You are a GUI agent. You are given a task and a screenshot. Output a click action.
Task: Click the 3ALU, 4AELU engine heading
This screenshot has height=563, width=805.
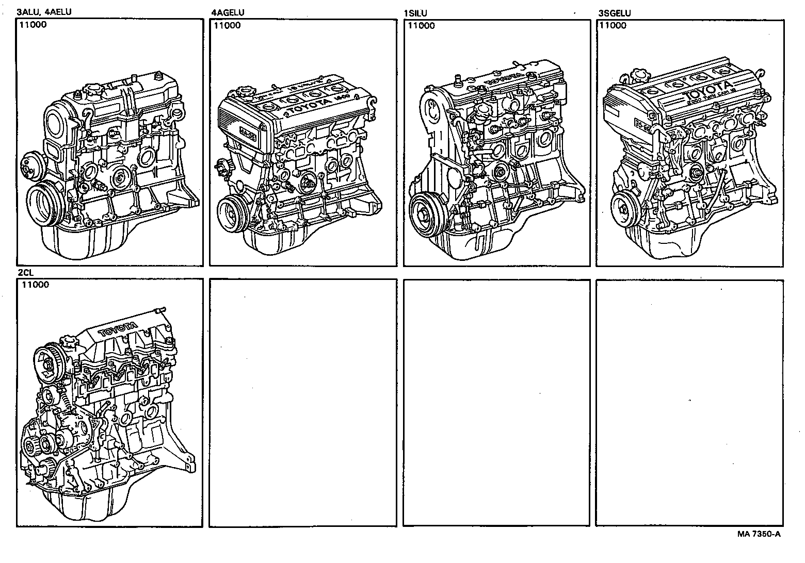[43, 12]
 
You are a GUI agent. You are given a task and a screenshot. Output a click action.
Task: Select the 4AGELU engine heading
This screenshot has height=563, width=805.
[228, 12]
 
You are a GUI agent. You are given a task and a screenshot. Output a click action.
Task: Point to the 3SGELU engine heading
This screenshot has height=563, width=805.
[614, 13]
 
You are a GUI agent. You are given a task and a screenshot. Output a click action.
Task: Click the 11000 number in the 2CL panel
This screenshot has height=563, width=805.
[35, 285]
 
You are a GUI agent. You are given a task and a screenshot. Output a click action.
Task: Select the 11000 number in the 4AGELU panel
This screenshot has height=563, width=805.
[227, 25]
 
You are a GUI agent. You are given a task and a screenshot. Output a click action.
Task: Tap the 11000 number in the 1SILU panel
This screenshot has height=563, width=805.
[421, 25]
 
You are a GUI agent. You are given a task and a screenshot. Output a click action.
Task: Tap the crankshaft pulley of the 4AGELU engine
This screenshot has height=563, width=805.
[233, 213]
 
